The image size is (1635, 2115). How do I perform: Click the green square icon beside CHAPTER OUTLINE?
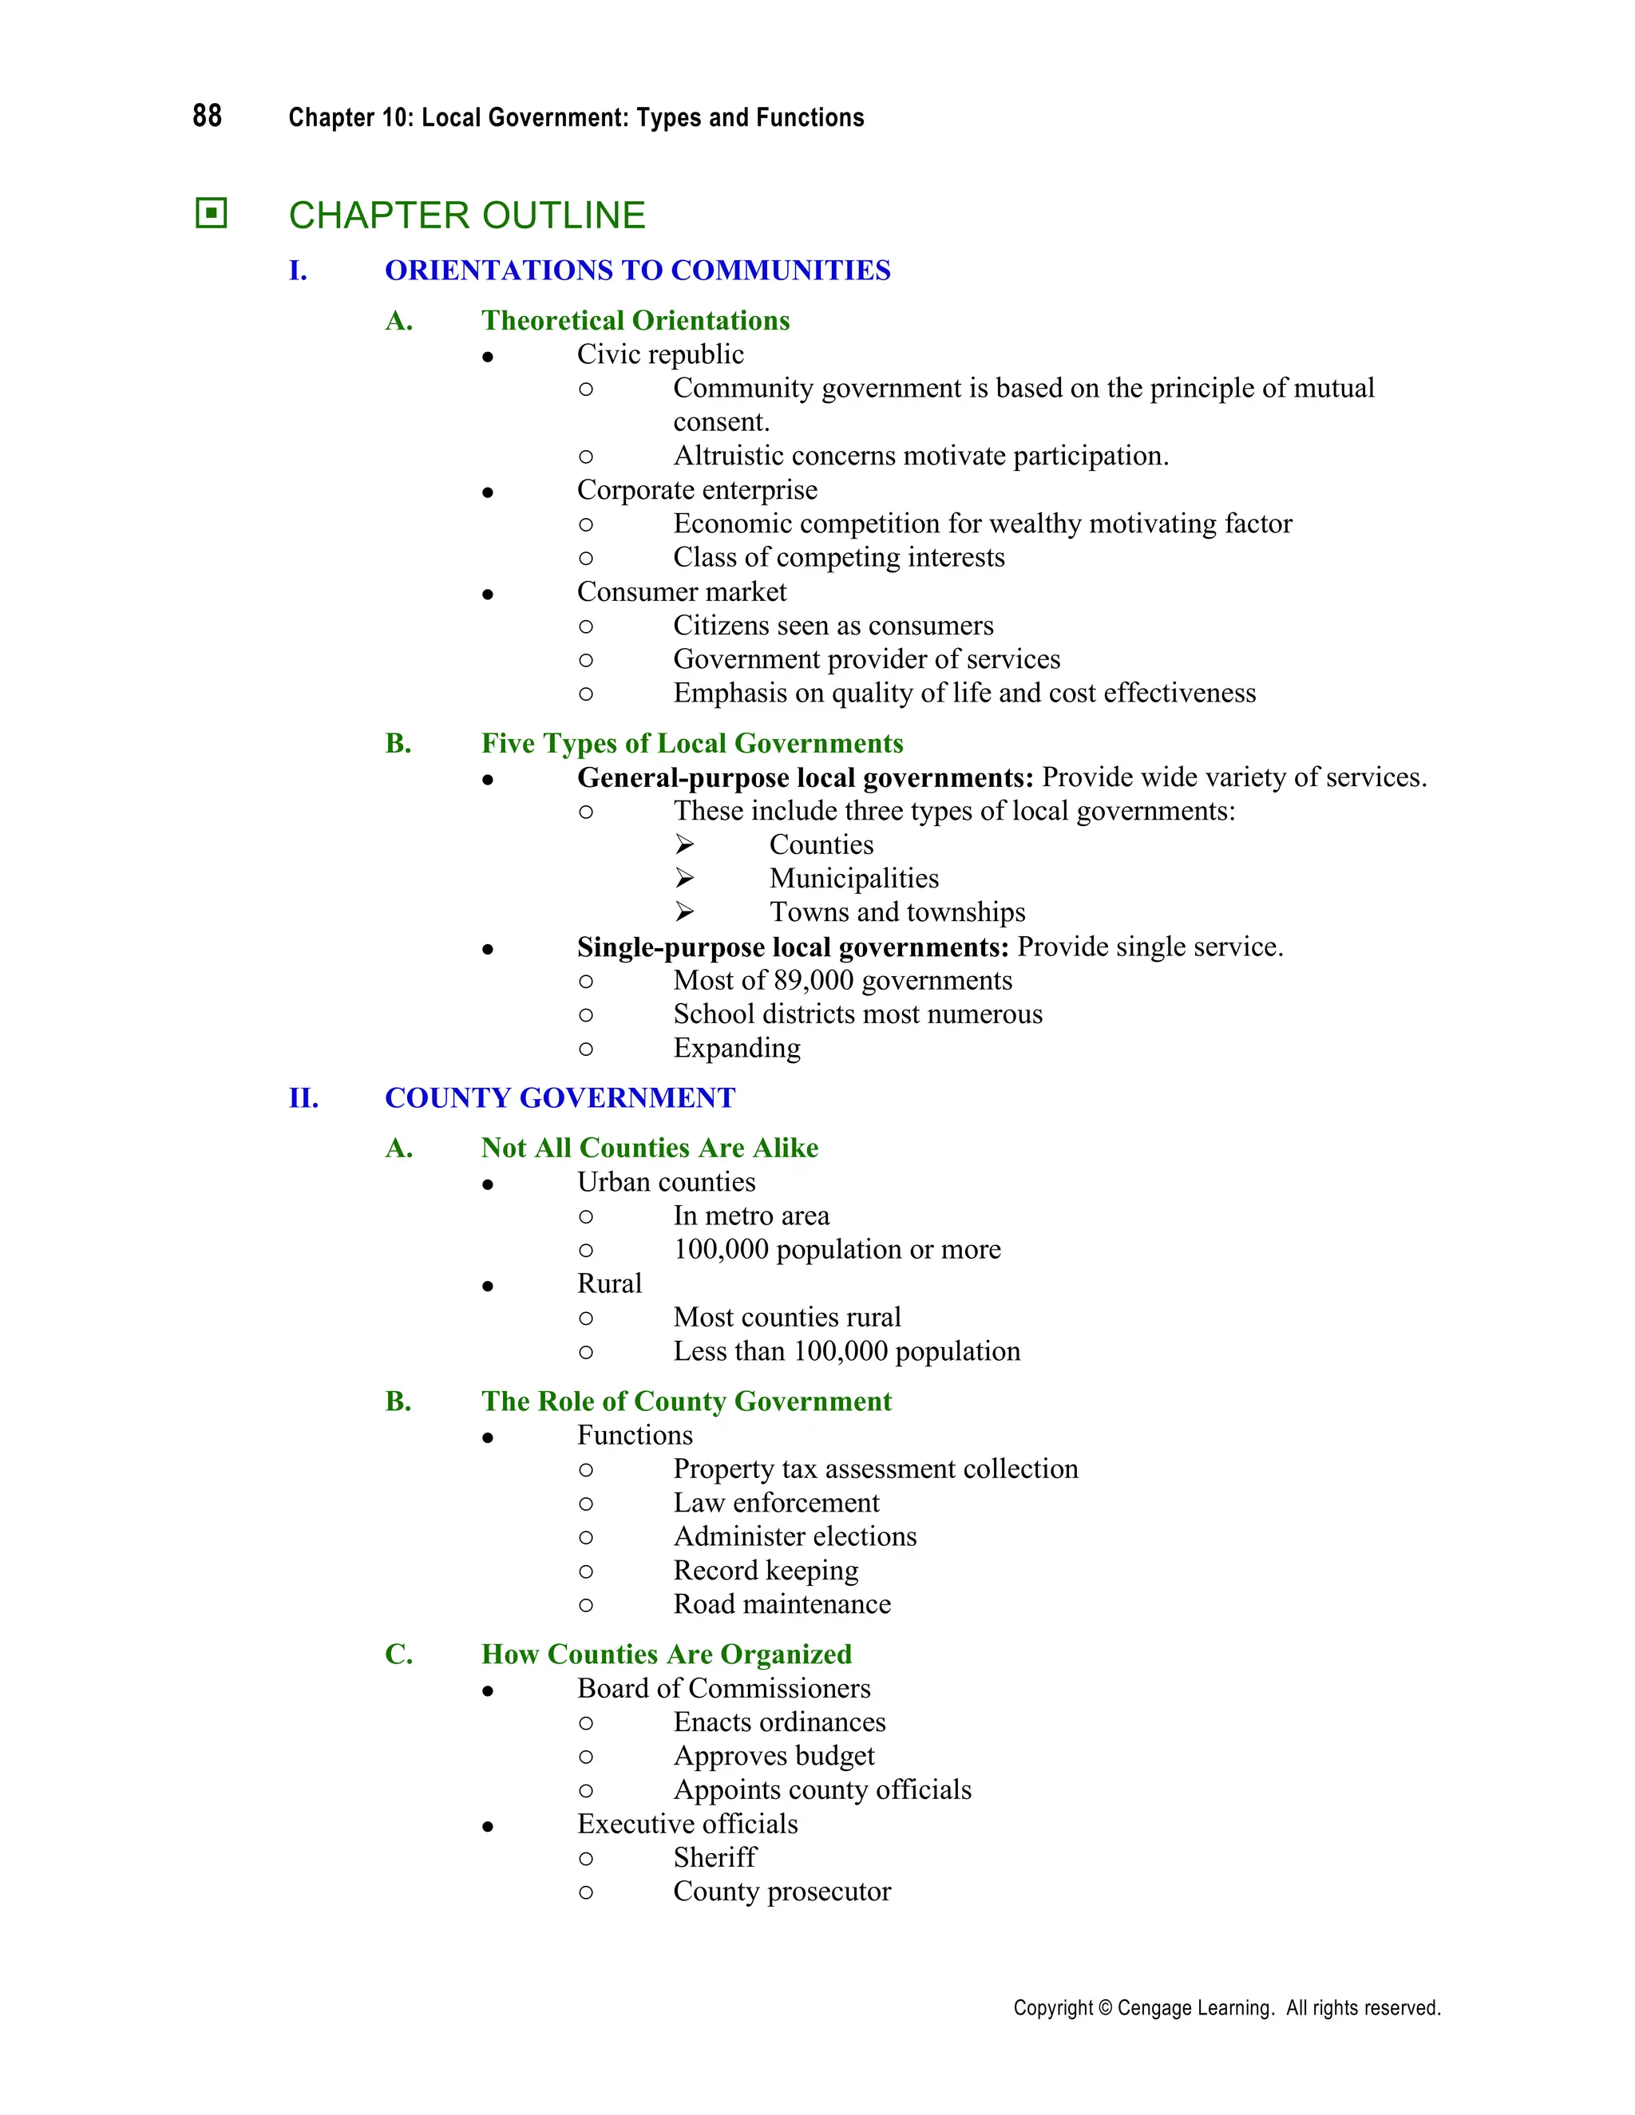click(210, 213)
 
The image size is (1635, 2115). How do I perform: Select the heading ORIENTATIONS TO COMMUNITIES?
click(637, 271)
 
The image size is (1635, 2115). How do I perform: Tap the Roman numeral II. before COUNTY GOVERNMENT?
click(303, 1097)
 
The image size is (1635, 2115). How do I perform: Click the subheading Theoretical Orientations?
click(635, 321)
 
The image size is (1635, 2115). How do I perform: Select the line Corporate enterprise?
click(696, 490)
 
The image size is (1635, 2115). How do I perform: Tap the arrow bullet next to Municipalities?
click(685, 879)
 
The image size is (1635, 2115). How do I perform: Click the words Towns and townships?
click(897, 912)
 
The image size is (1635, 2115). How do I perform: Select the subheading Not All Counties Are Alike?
click(649, 1148)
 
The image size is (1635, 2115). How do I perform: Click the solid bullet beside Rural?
click(488, 1286)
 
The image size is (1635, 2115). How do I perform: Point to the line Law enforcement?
click(776, 1503)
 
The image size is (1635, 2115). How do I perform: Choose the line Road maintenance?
click(782, 1605)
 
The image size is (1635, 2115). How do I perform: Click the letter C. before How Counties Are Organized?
click(398, 1654)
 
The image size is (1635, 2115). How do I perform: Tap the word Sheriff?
click(715, 1857)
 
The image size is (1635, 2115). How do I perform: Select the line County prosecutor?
click(782, 1892)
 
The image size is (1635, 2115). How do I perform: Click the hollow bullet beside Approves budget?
click(586, 1757)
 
